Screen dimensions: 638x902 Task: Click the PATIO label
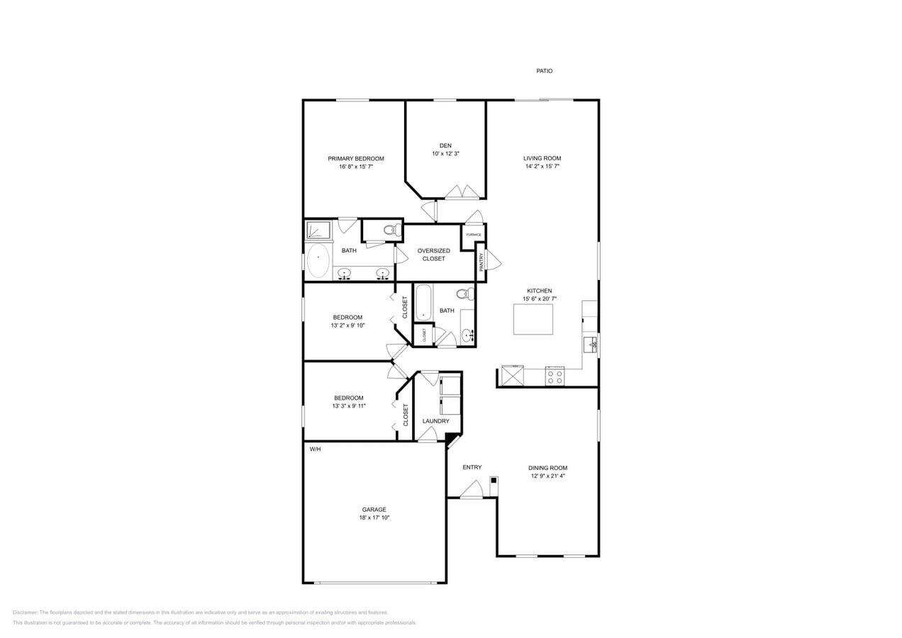tap(544, 71)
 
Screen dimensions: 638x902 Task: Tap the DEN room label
tap(445, 145)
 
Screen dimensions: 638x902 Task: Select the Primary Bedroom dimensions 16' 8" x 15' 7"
tap(355, 167)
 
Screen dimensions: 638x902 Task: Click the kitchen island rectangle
tap(533, 320)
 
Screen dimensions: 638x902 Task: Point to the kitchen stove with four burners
tap(555, 376)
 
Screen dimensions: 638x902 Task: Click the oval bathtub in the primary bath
tap(318, 260)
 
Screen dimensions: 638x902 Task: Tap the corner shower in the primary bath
tap(318, 230)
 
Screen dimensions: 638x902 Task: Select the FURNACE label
tap(474, 235)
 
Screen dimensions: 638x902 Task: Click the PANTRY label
tap(481, 262)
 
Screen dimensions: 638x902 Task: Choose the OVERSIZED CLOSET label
tap(433, 254)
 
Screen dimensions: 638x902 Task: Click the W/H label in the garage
tap(315, 449)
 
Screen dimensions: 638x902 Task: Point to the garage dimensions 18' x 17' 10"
tap(374, 517)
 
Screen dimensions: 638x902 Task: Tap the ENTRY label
tap(472, 467)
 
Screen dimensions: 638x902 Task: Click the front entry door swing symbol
tap(472, 489)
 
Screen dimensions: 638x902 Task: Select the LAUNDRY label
tap(435, 421)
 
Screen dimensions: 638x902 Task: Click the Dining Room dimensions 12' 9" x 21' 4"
tap(547, 476)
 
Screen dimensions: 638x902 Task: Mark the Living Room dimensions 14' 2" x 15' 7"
tap(542, 167)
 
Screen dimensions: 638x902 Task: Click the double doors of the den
tap(462, 192)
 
